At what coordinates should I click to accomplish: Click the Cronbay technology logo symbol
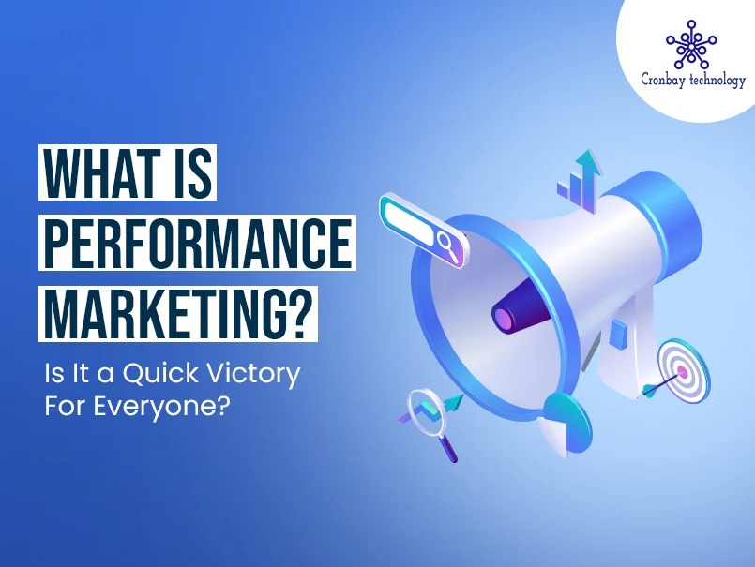(691, 43)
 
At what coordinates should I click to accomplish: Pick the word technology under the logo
(717, 81)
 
